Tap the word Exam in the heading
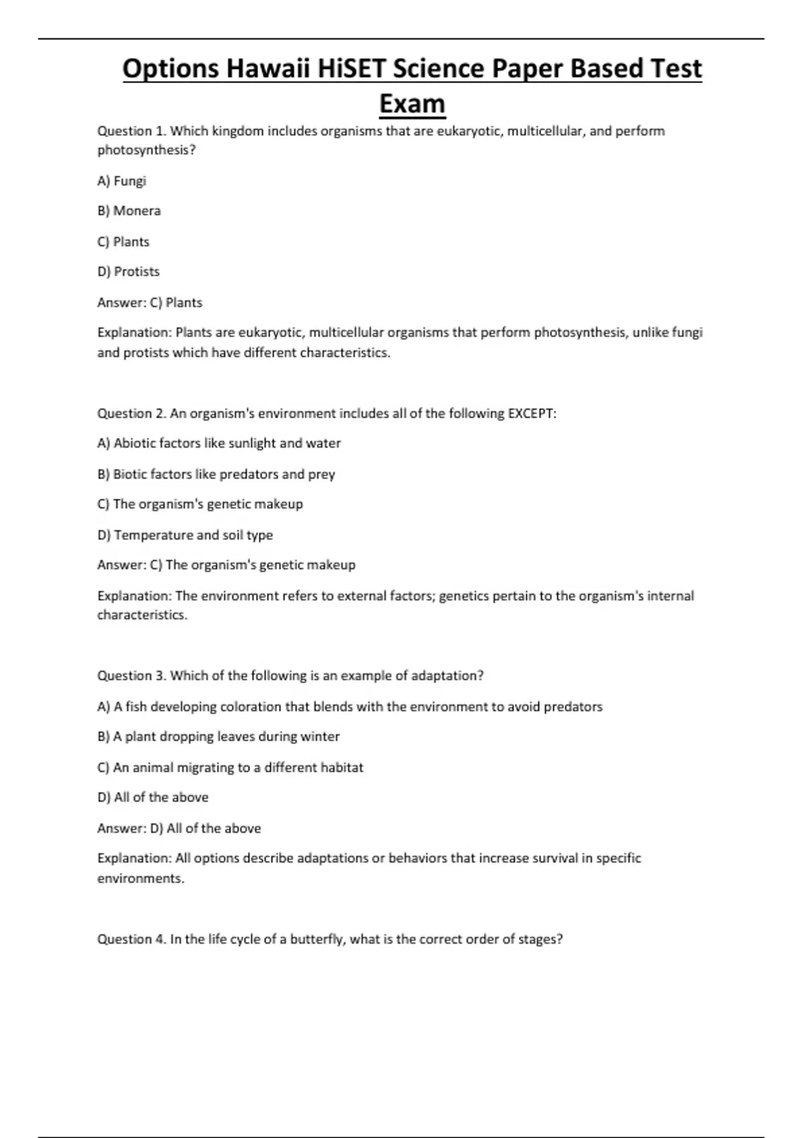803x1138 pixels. [x=412, y=104]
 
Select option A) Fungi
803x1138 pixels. [x=122, y=181]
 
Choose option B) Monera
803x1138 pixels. [x=129, y=211]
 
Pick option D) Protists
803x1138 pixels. [x=128, y=272]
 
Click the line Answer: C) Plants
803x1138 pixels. [x=150, y=303]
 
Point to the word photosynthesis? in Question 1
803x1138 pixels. [x=147, y=150]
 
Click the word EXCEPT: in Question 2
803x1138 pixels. [x=532, y=413]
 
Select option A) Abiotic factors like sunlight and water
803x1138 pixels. [x=219, y=443]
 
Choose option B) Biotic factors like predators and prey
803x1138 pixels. [x=216, y=474]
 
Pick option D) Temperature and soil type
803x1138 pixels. [x=185, y=535]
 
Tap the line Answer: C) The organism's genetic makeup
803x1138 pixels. [x=226, y=565]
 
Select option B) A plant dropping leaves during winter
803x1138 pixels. [x=219, y=736]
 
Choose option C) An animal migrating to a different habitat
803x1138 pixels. [x=230, y=767]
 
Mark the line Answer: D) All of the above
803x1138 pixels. [x=179, y=828]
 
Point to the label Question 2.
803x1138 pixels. [x=132, y=413]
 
